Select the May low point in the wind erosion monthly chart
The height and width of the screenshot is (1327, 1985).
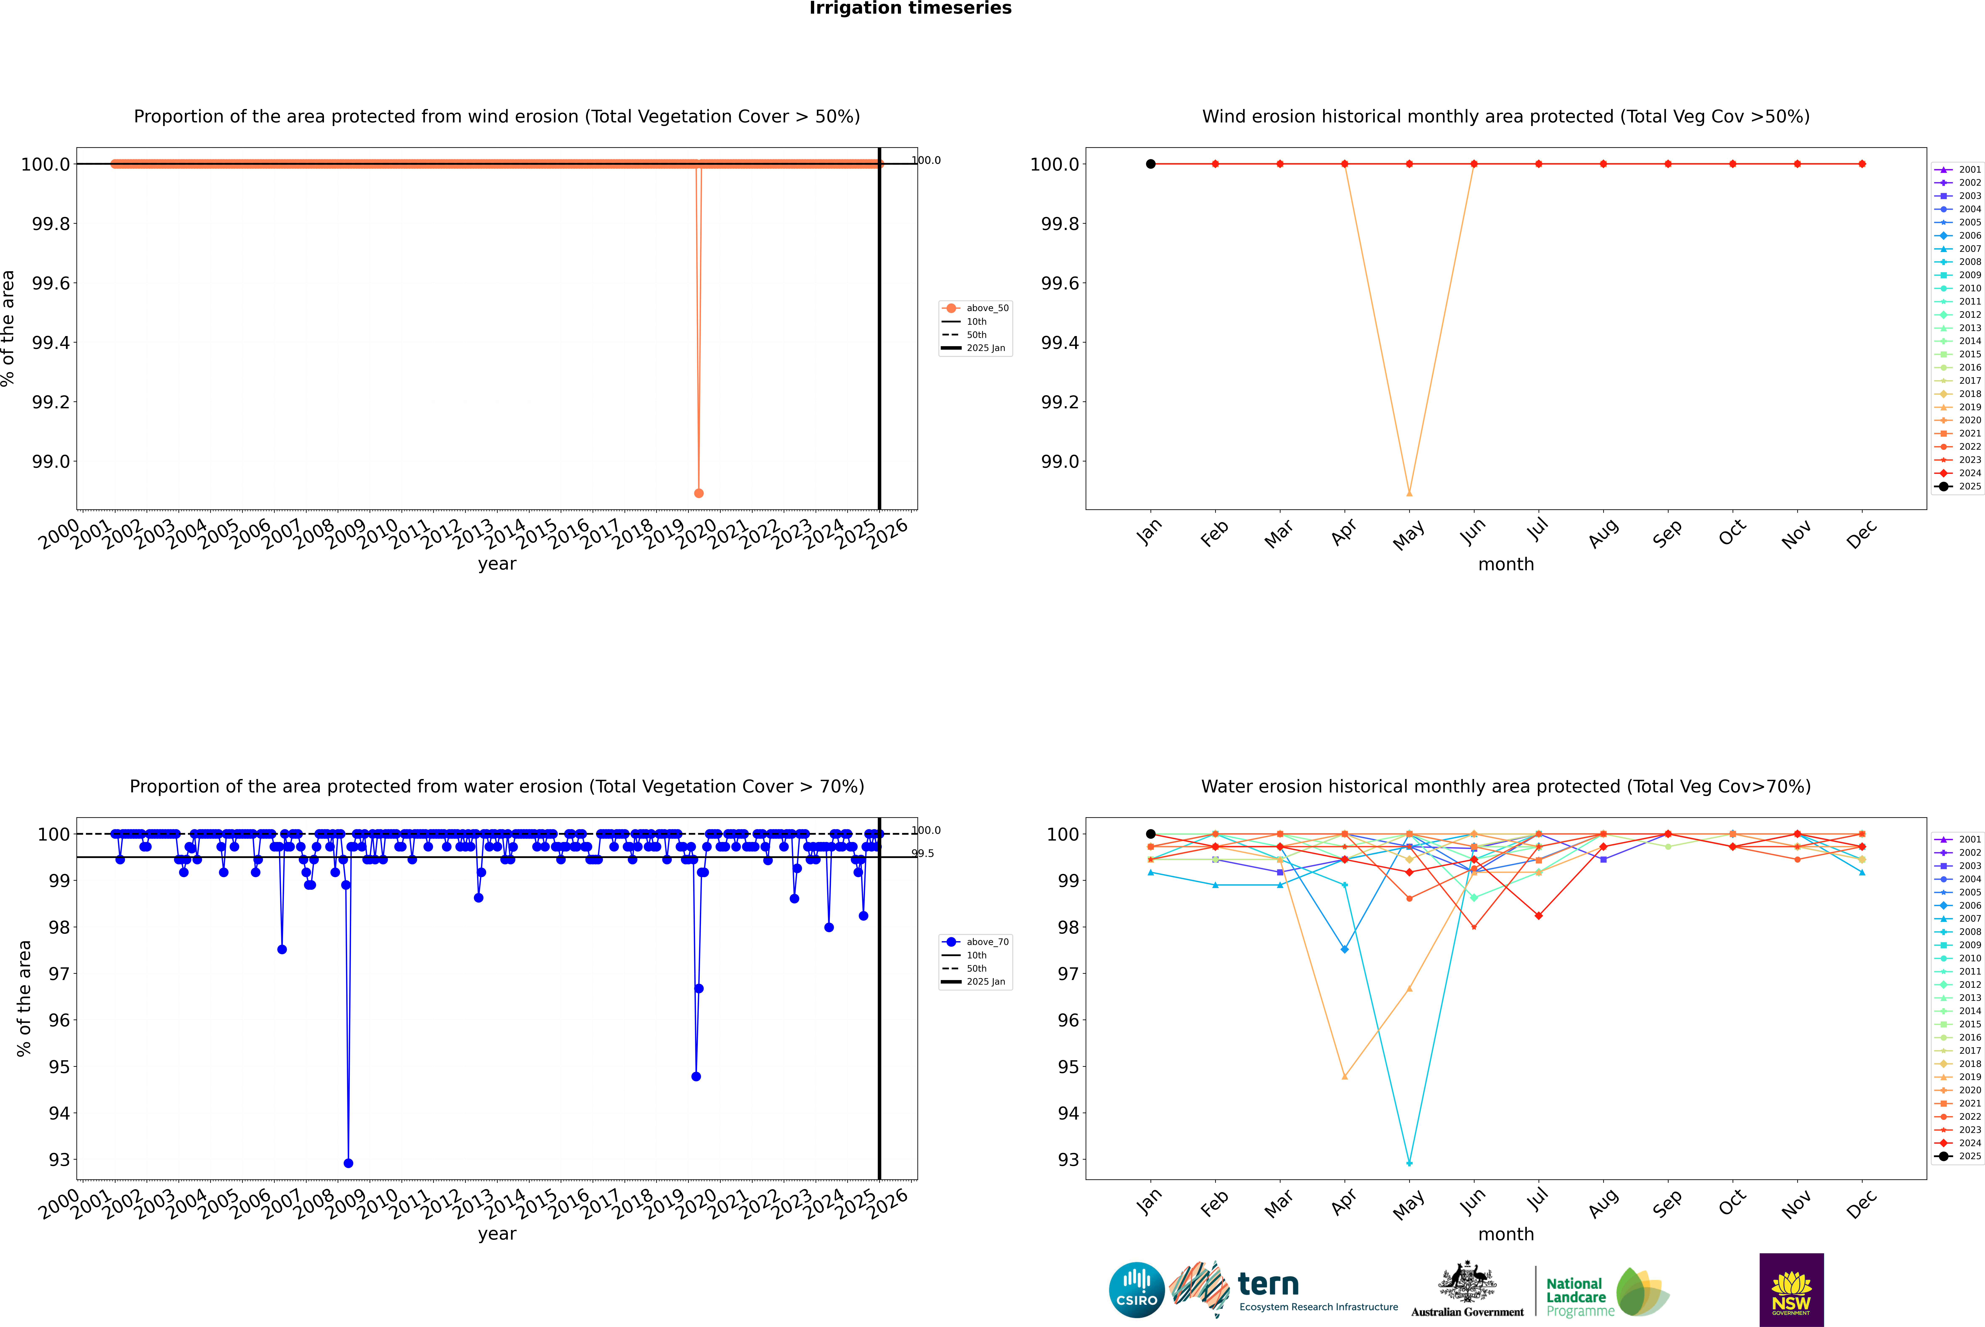(1409, 493)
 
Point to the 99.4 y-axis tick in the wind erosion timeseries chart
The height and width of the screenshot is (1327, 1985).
(51, 343)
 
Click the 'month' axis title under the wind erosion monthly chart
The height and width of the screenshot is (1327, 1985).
(1505, 565)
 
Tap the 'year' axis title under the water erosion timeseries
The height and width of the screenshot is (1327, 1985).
(497, 1234)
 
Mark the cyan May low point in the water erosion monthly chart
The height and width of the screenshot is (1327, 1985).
(1409, 1163)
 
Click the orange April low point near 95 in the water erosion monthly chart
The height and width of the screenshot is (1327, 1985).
(1345, 1076)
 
